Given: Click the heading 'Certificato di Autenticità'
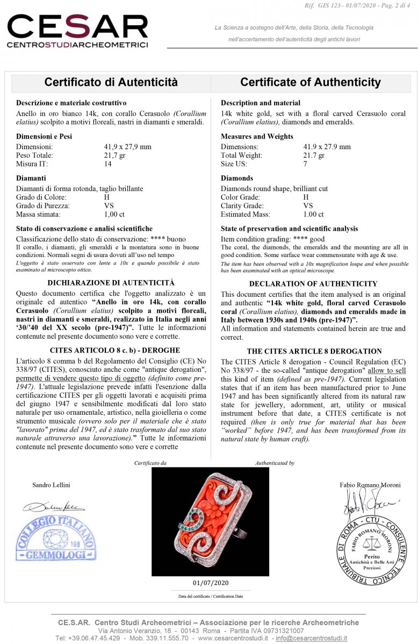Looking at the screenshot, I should [x=111, y=83].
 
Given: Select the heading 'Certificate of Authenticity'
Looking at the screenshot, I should [x=310, y=83].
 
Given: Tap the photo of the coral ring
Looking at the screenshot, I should [x=210, y=521].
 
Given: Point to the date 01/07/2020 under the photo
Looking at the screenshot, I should [x=210, y=583].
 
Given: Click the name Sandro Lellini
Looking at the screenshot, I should [x=51, y=485].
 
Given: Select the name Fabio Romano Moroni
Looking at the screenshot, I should [x=370, y=485].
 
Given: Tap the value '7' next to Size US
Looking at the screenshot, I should [x=305, y=164].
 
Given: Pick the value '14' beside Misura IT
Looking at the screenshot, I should [x=108, y=164].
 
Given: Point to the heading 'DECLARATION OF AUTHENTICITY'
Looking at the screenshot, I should [x=313, y=284].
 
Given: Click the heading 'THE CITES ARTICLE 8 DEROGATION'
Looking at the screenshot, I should [x=314, y=352].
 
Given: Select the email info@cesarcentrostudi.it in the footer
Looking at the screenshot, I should [x=311, y=639].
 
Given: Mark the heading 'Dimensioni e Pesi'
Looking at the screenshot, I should [x=44, y=136].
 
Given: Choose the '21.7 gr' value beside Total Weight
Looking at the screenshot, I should [x=314, y=155].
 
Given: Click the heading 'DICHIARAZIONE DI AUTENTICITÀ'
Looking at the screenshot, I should [x=111, y=283].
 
